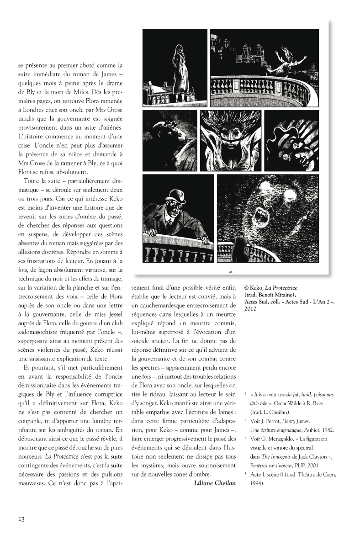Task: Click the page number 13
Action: coord(21,519)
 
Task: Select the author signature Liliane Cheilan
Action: coord(215,483)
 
